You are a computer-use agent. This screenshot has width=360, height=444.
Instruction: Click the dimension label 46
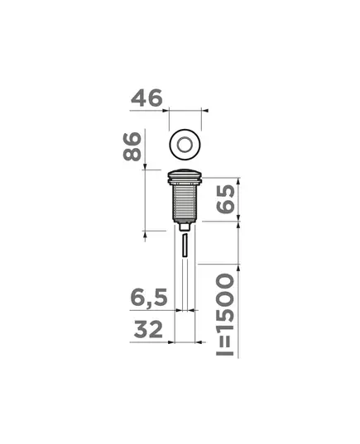(x=146, y=98)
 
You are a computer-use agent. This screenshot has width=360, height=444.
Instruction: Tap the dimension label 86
(x=132, y=146)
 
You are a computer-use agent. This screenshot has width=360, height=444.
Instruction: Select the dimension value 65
(x=226, y=198)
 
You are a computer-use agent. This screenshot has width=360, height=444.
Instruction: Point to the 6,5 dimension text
(x=149, y=298)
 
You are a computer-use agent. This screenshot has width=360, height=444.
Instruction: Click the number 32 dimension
(x=148, y=329)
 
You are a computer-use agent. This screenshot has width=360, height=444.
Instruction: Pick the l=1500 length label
(x=225, y=314)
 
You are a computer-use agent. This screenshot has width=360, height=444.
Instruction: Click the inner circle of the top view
(x=185, y=145)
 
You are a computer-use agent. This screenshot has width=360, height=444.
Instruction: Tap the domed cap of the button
(x=185, y=174)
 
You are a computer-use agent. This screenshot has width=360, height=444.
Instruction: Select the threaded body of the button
(x=185, y=201)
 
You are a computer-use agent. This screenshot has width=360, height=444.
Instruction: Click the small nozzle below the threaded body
(x=185, y=227)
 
